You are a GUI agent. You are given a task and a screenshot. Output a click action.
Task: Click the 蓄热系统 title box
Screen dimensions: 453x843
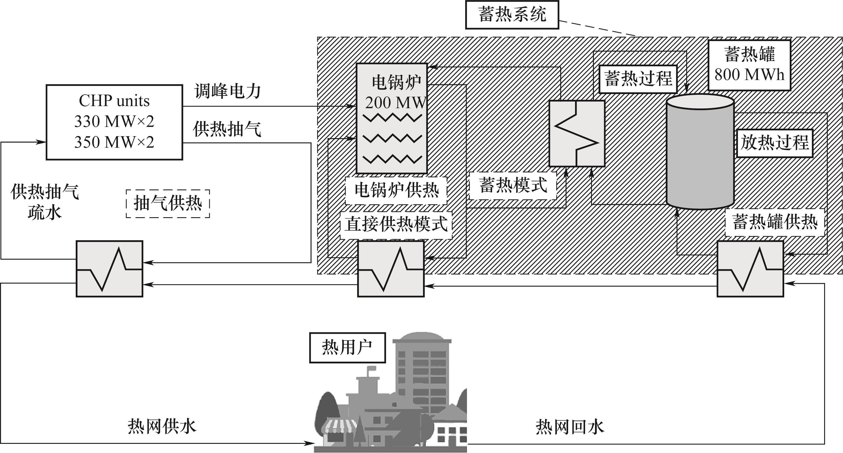point(512,15)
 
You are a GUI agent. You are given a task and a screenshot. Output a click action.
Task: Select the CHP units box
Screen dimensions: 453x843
point(114,122)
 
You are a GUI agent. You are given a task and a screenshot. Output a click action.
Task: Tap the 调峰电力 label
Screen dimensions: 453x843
point(227,91)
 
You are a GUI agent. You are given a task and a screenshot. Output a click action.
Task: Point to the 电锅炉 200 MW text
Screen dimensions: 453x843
point(395,92)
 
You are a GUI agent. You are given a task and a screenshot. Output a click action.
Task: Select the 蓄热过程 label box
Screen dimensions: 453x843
point(638,79)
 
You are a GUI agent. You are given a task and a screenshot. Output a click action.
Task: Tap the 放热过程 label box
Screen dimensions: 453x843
point(774,143)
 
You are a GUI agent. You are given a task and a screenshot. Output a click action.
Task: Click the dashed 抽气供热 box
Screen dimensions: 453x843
point(168,204)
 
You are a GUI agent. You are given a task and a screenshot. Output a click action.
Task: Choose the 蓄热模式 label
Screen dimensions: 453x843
point(513,186)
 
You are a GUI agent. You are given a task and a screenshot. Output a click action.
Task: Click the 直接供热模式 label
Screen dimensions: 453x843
point(396,224)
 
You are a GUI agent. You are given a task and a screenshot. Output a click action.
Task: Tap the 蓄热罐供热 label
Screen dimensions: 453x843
point(774,222)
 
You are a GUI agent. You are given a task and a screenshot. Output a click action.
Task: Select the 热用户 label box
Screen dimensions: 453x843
point(347,348)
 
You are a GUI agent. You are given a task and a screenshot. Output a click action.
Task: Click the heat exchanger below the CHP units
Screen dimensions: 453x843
point(109,269)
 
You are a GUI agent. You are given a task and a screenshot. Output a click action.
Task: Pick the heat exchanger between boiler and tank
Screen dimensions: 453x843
point(577,133)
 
